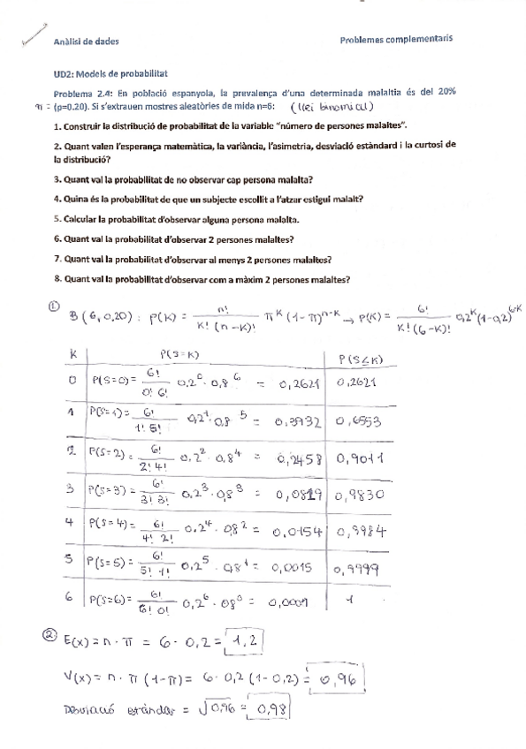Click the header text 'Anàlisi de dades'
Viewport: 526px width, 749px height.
(x=87, y=42)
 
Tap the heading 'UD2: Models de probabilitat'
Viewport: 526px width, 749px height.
(x=111, y=77)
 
